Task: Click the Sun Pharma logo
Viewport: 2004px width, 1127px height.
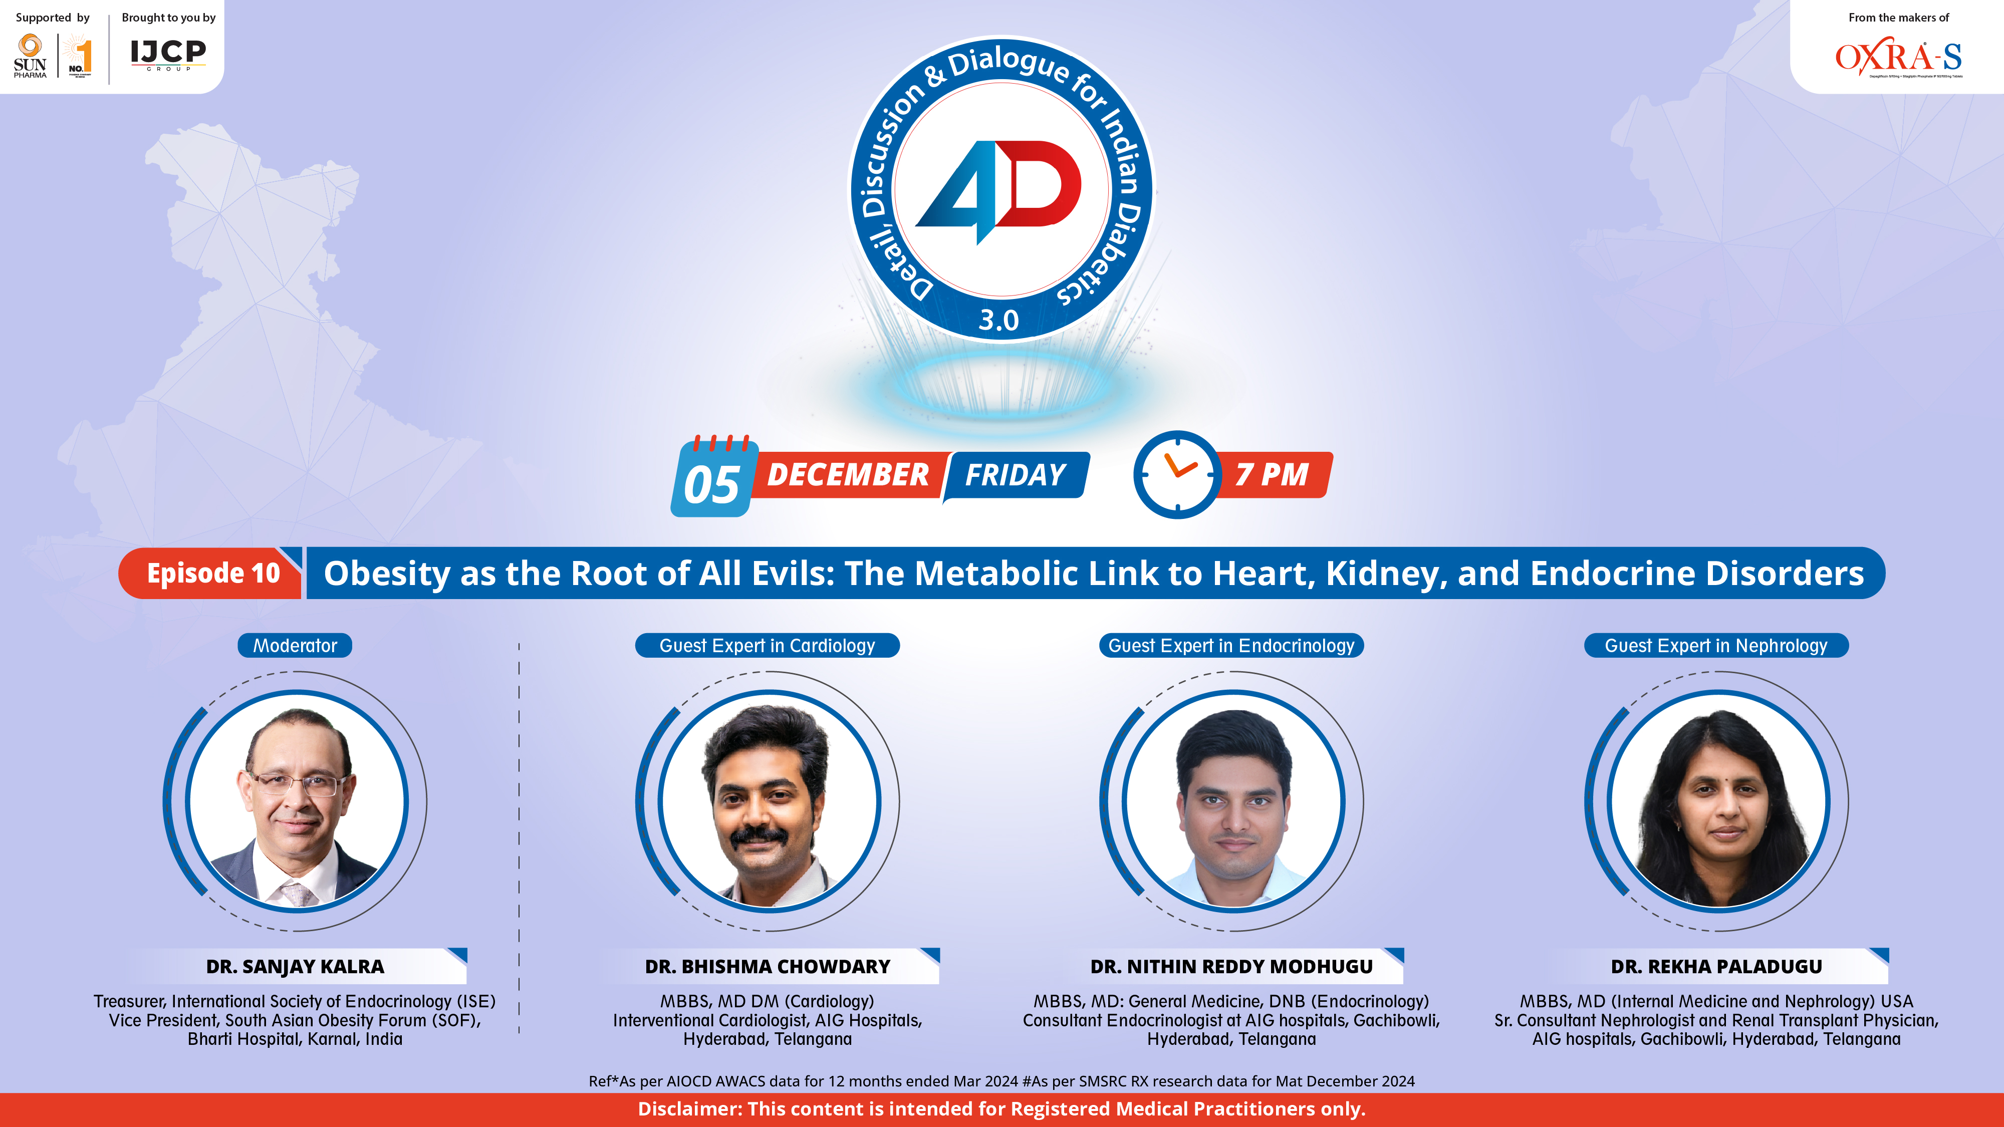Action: click(x=31, y=56)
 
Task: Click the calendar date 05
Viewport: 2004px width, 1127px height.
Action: click(x=711, y=484)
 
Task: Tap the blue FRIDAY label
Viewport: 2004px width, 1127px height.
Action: click(x=1015, y=474)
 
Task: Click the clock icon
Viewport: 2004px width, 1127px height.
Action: click(x=1176, y=474)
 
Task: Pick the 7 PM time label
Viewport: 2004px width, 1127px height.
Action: click(x=1272, y=474)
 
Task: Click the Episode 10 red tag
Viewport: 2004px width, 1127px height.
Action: click(x=212, y=573)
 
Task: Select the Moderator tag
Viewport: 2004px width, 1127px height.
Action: click(x=295, y=646)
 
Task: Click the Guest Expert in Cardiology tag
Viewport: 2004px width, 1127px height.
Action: click(x=767, y=646)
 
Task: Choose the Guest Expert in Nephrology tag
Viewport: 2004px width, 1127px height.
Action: click(x=1715, y=646)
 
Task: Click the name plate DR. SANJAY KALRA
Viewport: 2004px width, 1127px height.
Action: click(x=295, y=967)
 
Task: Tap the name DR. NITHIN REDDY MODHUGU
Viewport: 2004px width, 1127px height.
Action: click(x=1231, y=967)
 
